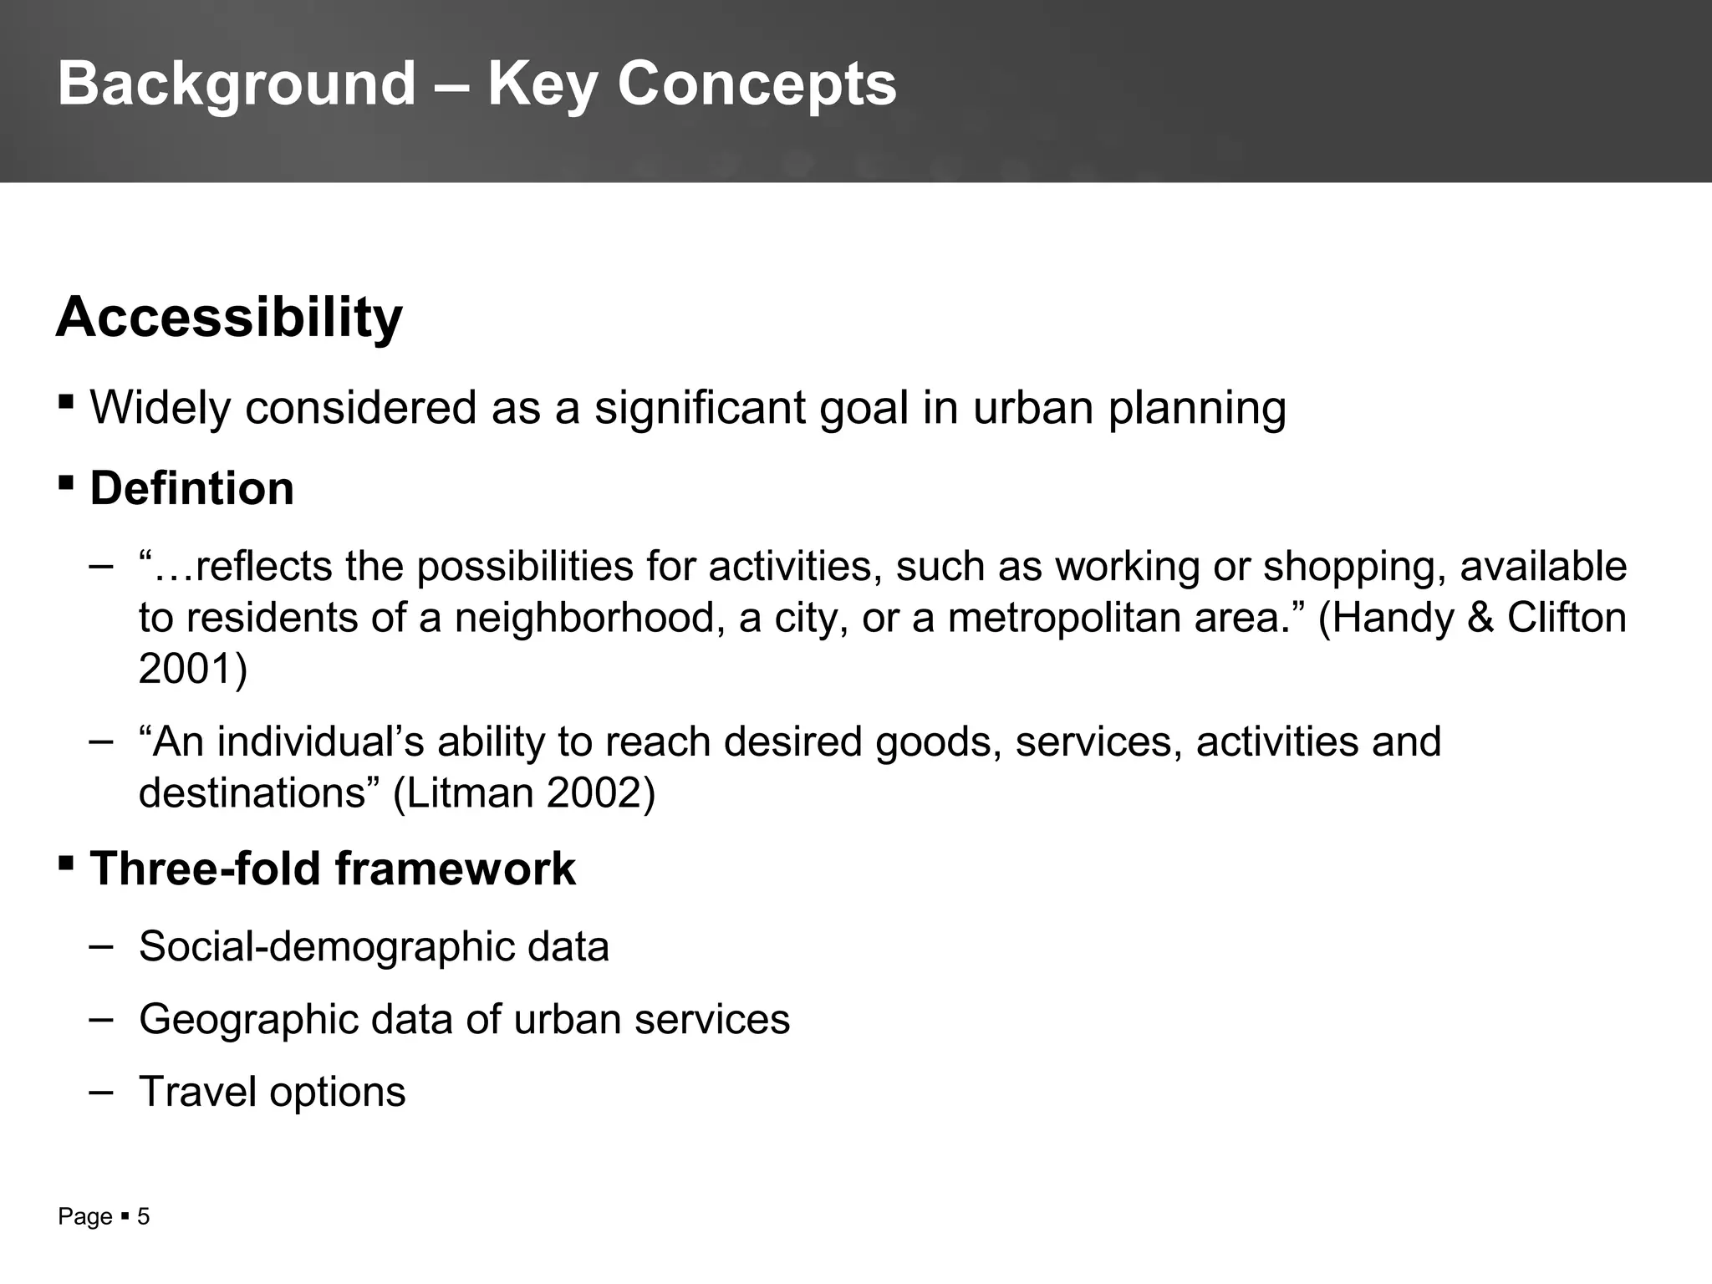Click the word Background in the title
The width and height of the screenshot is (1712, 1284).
237,84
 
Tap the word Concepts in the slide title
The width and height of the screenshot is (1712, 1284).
757,84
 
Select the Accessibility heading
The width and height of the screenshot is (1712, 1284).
229,318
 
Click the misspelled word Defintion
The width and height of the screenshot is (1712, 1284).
191,488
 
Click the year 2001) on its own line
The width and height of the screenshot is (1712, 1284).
193,669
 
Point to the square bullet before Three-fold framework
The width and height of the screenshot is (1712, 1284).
66,862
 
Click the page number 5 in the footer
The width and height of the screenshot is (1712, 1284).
143,1216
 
